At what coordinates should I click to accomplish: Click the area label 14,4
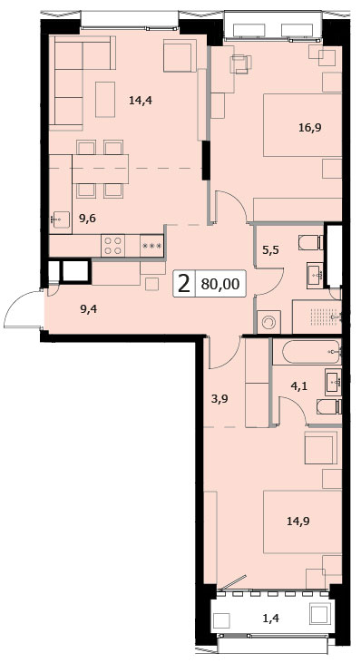point(141,101)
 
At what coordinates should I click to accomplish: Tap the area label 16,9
point(310,128)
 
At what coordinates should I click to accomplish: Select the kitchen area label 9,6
point(88,219)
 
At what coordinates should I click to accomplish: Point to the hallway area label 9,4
point(89,309)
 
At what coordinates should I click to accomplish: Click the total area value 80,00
point(220,284)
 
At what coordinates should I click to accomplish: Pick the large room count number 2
point(184,284)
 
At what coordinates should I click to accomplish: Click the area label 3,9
point(220,398)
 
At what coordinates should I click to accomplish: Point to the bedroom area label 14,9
point(298,521)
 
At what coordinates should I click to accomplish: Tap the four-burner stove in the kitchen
point(112,246)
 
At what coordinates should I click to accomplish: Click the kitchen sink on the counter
point(60,219)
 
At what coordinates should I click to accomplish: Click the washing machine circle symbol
point(268,323)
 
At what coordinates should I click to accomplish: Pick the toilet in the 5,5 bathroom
point(311,243)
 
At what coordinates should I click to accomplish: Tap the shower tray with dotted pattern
point(317,317)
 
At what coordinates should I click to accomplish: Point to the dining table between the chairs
point(100,169)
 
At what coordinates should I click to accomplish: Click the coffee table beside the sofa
point(105,100)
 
